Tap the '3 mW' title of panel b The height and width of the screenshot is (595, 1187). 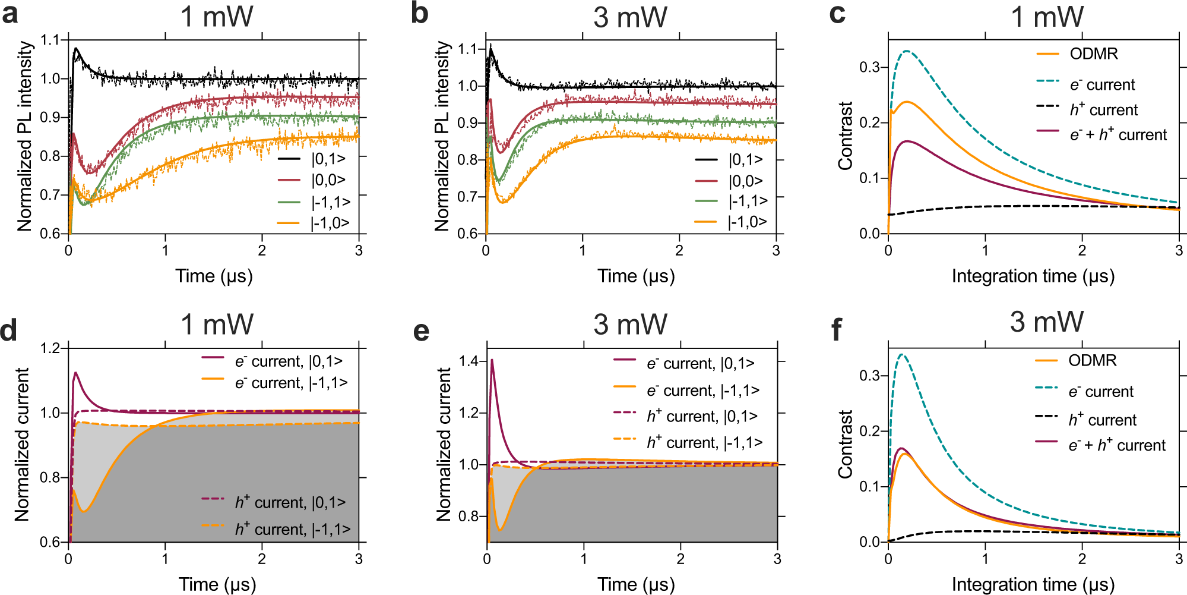click(x=630, y=17)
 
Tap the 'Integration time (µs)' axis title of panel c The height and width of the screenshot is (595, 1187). click(x=1033, y=276)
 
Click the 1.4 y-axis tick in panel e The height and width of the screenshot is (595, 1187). click(x=469, y=361)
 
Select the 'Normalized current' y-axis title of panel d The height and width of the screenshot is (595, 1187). click(x=22, y=445)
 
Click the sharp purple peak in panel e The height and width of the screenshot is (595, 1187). click(x=492, y=360)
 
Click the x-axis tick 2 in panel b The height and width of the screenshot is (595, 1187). click(x=679, y=251)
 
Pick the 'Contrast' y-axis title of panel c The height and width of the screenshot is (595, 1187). click(x=845, y=136)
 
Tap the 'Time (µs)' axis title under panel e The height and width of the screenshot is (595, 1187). click(x=636, y=584)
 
